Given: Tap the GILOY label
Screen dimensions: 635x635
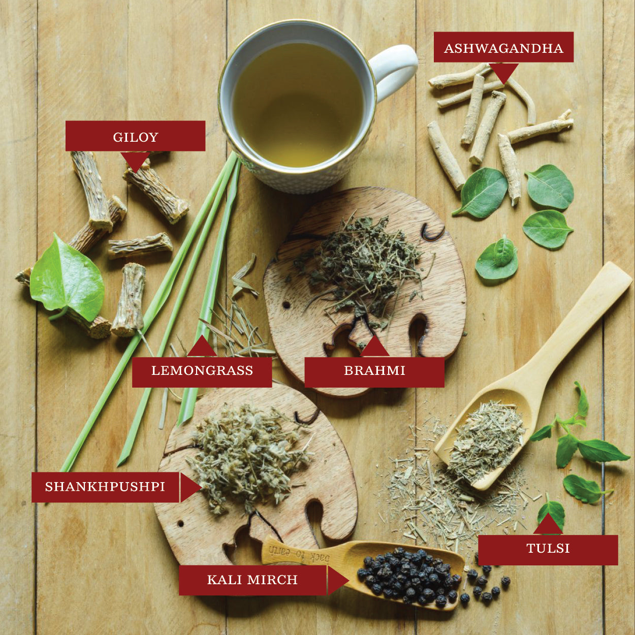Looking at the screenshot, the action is [x=136, y=136].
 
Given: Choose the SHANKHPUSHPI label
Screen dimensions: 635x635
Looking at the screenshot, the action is [x=106, y=487].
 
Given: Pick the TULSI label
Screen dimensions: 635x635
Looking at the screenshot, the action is [x=548, y=549].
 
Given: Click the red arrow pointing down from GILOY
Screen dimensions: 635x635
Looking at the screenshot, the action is [x=135, y=162].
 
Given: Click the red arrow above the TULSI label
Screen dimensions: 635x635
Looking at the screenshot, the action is [x=548, y=524].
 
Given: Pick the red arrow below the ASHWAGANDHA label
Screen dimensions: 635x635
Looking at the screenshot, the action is [x=503, y=73].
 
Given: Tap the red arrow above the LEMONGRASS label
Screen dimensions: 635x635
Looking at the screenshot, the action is [x=202, y=346].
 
